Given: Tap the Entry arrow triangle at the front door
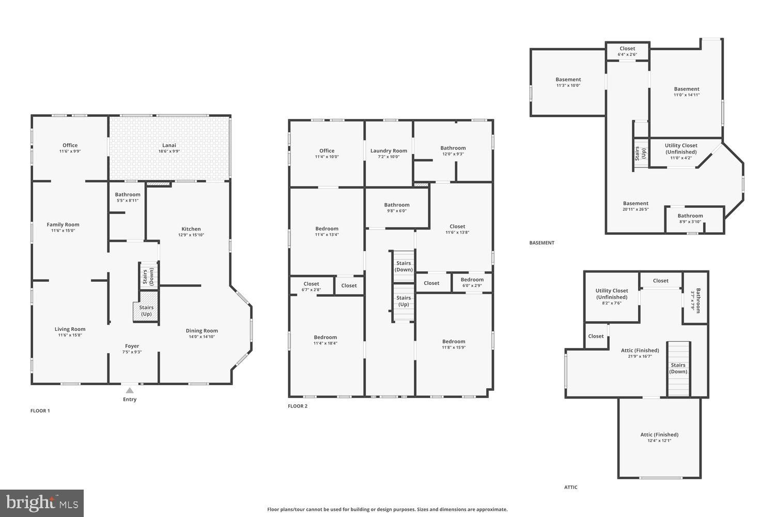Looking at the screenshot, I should click(x=130, y=391).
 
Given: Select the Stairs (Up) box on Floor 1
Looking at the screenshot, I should click(x=146, y=311).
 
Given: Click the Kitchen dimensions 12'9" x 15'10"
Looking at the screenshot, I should click(x=191, y=235).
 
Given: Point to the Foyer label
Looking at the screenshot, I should click(x=132, y=346).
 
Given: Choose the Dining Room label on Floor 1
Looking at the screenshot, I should click(x=202, y=330).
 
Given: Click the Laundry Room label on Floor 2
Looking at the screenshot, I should click(x=389, y=150).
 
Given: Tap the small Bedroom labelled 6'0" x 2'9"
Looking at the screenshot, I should click(x=472, y=282).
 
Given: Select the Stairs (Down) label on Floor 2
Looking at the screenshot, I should click(x=404, y=266).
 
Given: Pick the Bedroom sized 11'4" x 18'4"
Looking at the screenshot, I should click(x=325, y=340).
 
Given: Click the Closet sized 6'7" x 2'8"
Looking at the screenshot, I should click(x=311, y=286).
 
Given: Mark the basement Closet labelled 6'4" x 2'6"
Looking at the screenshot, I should click(x=627, y=51).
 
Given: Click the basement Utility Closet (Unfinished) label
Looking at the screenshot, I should click(x=680, y=149).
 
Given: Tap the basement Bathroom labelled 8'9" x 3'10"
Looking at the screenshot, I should click(x=690, y=218).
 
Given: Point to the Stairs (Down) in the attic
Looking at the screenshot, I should click(x=678, y=368).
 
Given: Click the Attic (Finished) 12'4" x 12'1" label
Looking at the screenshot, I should click(x=659, y=437).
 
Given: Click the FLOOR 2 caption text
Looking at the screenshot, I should click(x=298, y=406).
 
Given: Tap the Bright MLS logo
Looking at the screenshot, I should click(x=42, y=503).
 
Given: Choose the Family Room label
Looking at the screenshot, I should click(x=63, y=227).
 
